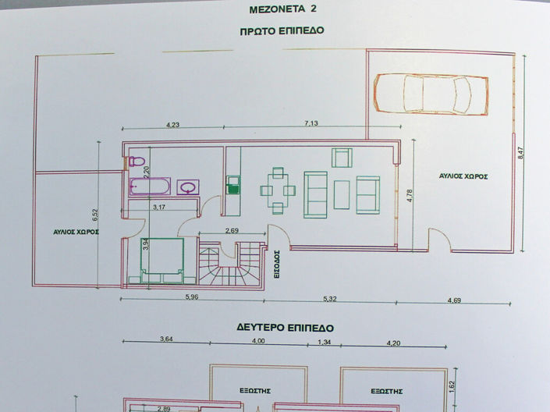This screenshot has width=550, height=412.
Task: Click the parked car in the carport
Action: (431, 93)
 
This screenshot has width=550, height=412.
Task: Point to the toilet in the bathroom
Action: (137, 162)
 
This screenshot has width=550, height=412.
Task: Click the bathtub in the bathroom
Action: (149, 186)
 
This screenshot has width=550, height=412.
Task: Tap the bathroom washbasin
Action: (189, 186)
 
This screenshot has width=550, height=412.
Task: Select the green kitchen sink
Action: (232, 186)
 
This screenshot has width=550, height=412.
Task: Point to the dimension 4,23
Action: (172, 124)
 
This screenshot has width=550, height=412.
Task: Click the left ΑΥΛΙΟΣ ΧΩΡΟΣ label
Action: (76, 232)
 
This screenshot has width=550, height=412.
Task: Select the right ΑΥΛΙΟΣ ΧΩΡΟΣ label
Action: (463, 177)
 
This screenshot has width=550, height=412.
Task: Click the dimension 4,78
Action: (410, 195)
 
